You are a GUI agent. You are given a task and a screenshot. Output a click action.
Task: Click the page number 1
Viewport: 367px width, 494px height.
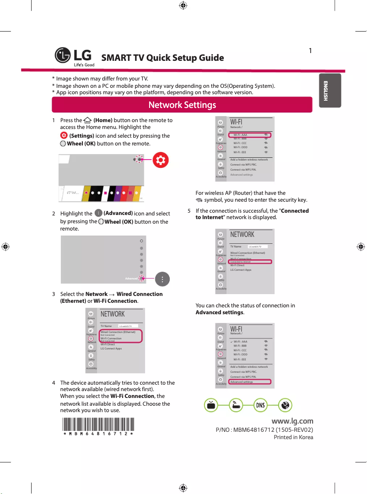310,50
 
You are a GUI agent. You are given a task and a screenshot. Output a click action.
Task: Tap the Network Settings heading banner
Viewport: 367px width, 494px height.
182,105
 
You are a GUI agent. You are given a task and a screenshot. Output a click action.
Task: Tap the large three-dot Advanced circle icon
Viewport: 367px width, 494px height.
162,279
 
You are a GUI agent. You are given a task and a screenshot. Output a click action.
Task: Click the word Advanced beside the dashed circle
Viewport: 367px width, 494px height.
131,278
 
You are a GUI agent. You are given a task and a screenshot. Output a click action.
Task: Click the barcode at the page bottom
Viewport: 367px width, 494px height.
98,425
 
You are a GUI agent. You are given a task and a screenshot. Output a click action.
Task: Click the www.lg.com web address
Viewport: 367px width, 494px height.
292,421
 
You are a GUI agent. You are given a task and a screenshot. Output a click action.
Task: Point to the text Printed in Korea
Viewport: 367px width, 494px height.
293,437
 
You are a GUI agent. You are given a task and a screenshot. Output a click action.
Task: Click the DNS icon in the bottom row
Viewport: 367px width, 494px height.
260,405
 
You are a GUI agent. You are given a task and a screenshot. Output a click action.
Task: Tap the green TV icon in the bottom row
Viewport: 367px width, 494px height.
210,405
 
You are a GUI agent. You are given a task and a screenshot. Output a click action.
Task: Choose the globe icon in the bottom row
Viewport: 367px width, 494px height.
285,405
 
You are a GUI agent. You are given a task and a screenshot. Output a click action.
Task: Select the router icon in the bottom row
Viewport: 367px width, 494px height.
235,405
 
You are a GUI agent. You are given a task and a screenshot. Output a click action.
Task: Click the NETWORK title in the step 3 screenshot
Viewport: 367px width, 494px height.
113,314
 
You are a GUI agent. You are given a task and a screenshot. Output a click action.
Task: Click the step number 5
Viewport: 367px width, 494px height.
189,211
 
